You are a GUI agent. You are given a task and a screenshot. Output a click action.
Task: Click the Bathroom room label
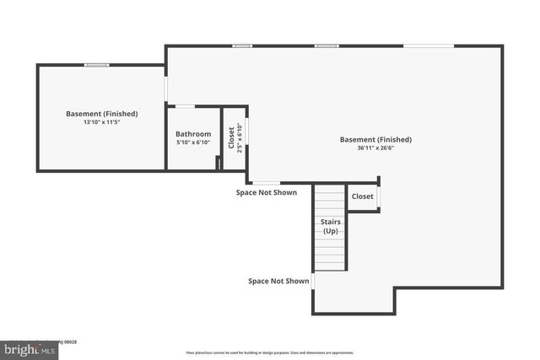[x=193, y=134]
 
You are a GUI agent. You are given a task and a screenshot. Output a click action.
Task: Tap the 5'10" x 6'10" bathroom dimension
[x=193, y=142]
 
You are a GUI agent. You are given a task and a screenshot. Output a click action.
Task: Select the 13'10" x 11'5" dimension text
[x=102, y=122]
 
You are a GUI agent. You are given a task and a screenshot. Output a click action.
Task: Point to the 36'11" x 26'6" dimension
[x=375, y=148]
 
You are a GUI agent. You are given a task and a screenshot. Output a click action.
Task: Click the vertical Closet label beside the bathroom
[x=231, y=137]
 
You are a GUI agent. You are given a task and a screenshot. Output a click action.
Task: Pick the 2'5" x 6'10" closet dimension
[x=240, y=137]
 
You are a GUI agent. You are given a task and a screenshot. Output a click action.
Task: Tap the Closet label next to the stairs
[x=363, y=196]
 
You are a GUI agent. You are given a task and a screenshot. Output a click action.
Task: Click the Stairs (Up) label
[x=330, y=226]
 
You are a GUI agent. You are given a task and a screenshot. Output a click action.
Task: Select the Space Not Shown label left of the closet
[x=267, y=192]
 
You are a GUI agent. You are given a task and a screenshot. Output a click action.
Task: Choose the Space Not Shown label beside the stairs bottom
[x=278, y=281]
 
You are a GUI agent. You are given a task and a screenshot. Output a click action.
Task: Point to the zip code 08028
[x=71, y=341]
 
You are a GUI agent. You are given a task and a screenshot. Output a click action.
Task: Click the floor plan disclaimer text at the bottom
[x=270, y=352]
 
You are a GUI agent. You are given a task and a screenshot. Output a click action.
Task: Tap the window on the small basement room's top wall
[x=97, y=65]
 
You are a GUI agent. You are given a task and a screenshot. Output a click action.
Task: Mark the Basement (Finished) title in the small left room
[x=102, y=113]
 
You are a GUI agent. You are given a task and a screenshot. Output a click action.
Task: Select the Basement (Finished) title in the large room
[x=375, y=139]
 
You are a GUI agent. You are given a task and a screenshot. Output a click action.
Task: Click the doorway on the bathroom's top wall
[x=185, y=106]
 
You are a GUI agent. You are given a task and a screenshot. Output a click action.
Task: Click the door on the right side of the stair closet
[x=378, y=196]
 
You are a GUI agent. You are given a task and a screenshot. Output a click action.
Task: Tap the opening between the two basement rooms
[x=166, y=88]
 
